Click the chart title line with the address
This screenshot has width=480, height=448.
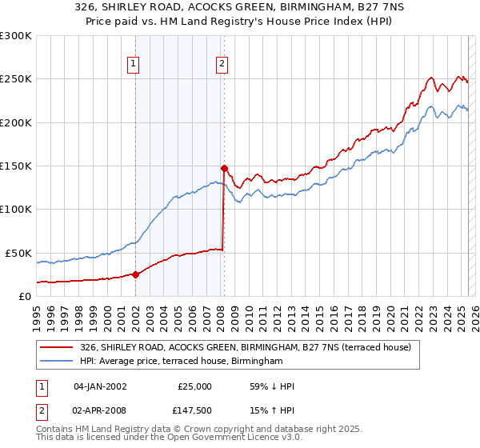click(240, 7)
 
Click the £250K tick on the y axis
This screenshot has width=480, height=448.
click(16, 79)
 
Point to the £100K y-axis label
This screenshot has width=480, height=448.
click(16, 210)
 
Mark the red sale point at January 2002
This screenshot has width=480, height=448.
click(135, 274)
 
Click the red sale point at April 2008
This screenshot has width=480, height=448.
click(224, 168)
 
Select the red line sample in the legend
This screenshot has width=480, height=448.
click(55, 347)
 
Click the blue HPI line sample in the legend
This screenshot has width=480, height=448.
click(55, 362)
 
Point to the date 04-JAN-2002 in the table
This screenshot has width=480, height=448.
click(100, 386)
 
